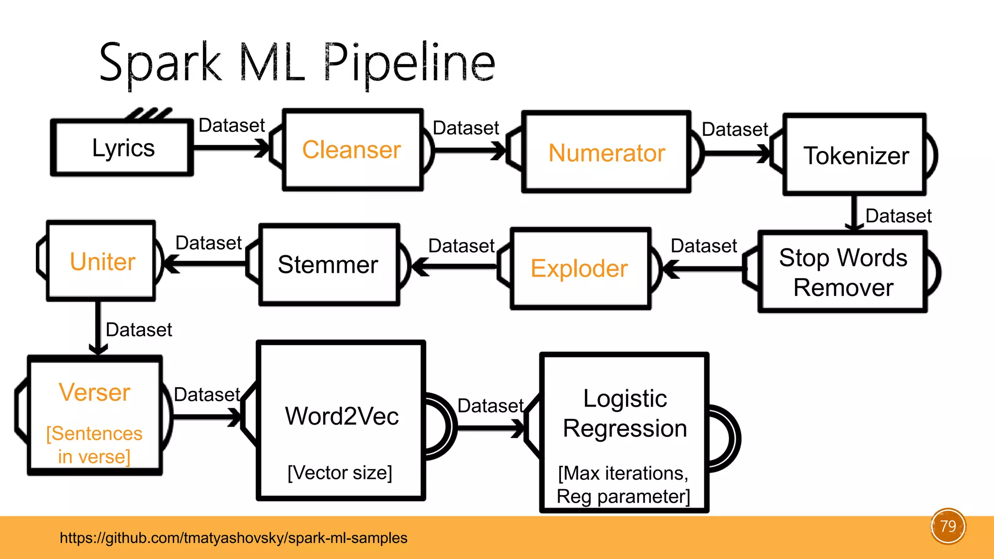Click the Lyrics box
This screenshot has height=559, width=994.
[x=122, y=148]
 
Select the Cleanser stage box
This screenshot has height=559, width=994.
[x=353, y=149]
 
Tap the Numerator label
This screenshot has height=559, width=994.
[x=607, y=153]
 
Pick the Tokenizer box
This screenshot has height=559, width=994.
[x=855, y=155]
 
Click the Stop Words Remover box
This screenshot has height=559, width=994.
[x=843, y=272]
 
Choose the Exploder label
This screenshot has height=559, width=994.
[x=579, y=268]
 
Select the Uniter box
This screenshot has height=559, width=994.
[x=101, y=261]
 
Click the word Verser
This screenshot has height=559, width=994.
[x=95, y=392]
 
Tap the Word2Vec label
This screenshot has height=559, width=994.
[x=342, y=416]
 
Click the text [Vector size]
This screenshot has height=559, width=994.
[x=340, y=473]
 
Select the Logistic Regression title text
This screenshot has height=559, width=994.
[x=625, y=413]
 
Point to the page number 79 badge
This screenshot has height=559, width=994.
[x=948, y=526]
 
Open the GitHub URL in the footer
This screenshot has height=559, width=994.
[x=233, y=538]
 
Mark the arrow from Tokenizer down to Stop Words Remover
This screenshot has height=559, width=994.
[x=854, y=213]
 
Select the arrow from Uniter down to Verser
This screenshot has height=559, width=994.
[x=98, y=328]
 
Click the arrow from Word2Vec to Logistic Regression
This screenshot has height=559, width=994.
[x=491, y=428]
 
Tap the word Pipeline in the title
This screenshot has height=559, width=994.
[x=409, y=64]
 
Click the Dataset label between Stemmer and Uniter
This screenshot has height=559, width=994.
[x=208, y=243]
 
